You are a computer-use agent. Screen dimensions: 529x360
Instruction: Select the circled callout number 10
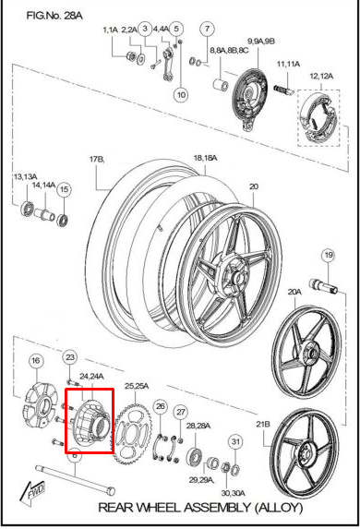point(180,94)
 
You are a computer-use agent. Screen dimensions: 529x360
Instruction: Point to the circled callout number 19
point(328,255)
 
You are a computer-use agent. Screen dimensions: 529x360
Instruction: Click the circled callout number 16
point(36,360)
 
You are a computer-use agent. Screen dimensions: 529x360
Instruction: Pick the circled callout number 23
point(70,357)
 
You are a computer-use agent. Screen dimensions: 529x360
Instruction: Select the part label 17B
point(97,160)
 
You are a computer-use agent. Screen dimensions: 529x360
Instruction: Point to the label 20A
point(294,292)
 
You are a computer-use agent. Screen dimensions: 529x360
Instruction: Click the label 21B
point(263,424)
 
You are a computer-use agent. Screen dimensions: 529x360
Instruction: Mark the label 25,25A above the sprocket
point(137,385)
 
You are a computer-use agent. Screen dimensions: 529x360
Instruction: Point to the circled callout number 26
point(160,406)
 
